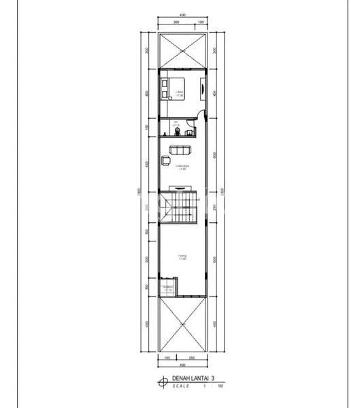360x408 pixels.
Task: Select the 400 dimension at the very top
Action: [x=182, y=14]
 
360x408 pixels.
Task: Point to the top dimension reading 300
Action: [x=176, y=22]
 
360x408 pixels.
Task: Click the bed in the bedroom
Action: [x=165, y=89]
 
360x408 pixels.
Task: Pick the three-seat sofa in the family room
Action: [x=181, y=150]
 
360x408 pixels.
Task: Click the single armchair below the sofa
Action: [x=165, y=161]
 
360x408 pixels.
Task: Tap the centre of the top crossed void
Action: [x=182, y=50]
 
